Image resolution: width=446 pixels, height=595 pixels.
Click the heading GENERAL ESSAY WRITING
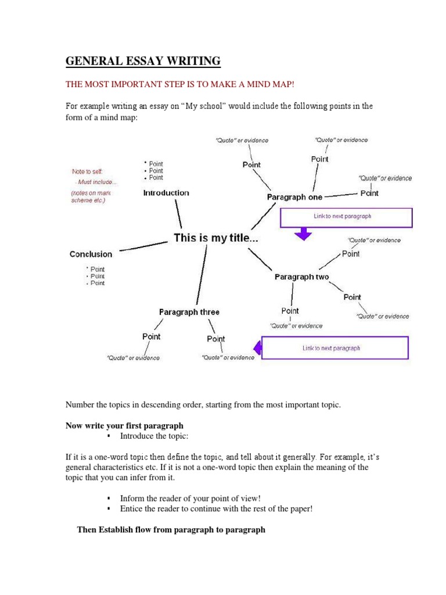143,61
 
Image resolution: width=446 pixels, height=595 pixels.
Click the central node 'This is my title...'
216,238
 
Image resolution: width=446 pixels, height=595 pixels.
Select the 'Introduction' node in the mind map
166,193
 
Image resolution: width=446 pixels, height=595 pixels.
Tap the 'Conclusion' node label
91,254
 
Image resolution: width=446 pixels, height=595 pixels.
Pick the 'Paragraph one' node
294,197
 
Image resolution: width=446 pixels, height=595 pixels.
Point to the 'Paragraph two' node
301,277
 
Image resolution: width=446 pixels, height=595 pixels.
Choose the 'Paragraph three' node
189,312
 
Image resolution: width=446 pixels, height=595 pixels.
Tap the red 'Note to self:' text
87,171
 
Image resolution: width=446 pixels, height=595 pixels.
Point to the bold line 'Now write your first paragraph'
124,425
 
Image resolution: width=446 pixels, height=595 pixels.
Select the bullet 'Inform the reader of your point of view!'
190,499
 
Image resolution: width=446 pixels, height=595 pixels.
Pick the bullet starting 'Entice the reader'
216,509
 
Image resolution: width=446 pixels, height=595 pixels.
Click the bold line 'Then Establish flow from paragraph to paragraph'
171,530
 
